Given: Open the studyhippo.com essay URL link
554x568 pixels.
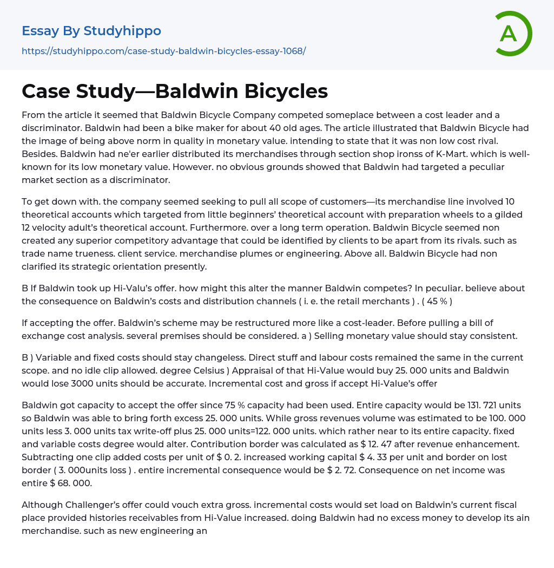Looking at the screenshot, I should pos(163,51).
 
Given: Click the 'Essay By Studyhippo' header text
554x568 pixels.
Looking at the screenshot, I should pos(91,31).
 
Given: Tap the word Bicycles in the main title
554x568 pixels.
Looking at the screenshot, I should pos(286,91).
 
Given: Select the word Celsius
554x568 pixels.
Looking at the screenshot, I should pos(346,370).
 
